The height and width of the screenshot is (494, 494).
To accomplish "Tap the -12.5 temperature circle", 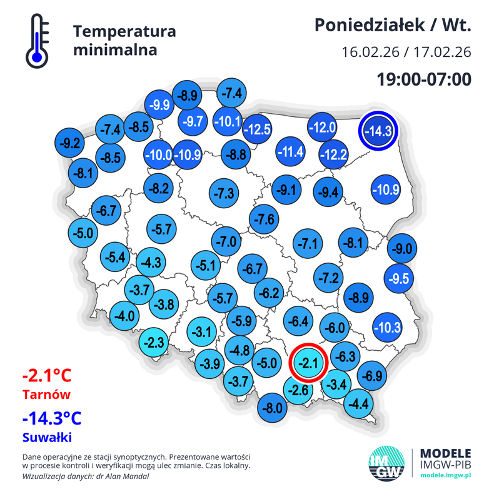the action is click(257, 129).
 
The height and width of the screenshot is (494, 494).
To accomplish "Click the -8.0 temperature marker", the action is click(273, 409).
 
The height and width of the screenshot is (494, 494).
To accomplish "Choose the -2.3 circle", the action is click(154, 343).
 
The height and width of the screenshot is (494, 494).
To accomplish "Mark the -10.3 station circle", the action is click(386, 326).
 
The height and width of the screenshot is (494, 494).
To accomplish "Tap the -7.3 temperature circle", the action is click(224, 193).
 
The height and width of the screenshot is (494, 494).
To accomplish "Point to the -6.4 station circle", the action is click(298, 322).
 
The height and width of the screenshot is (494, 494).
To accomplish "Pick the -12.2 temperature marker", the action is click(333, 154).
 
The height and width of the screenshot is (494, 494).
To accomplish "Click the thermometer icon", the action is click(37, 41).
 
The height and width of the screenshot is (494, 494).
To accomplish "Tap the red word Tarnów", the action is click(46, 395).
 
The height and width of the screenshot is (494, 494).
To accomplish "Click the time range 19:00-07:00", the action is click(423, 79).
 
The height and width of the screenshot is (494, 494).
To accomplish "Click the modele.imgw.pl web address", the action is click(446, 475).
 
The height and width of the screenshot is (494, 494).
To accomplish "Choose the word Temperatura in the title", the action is click(124, 31).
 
